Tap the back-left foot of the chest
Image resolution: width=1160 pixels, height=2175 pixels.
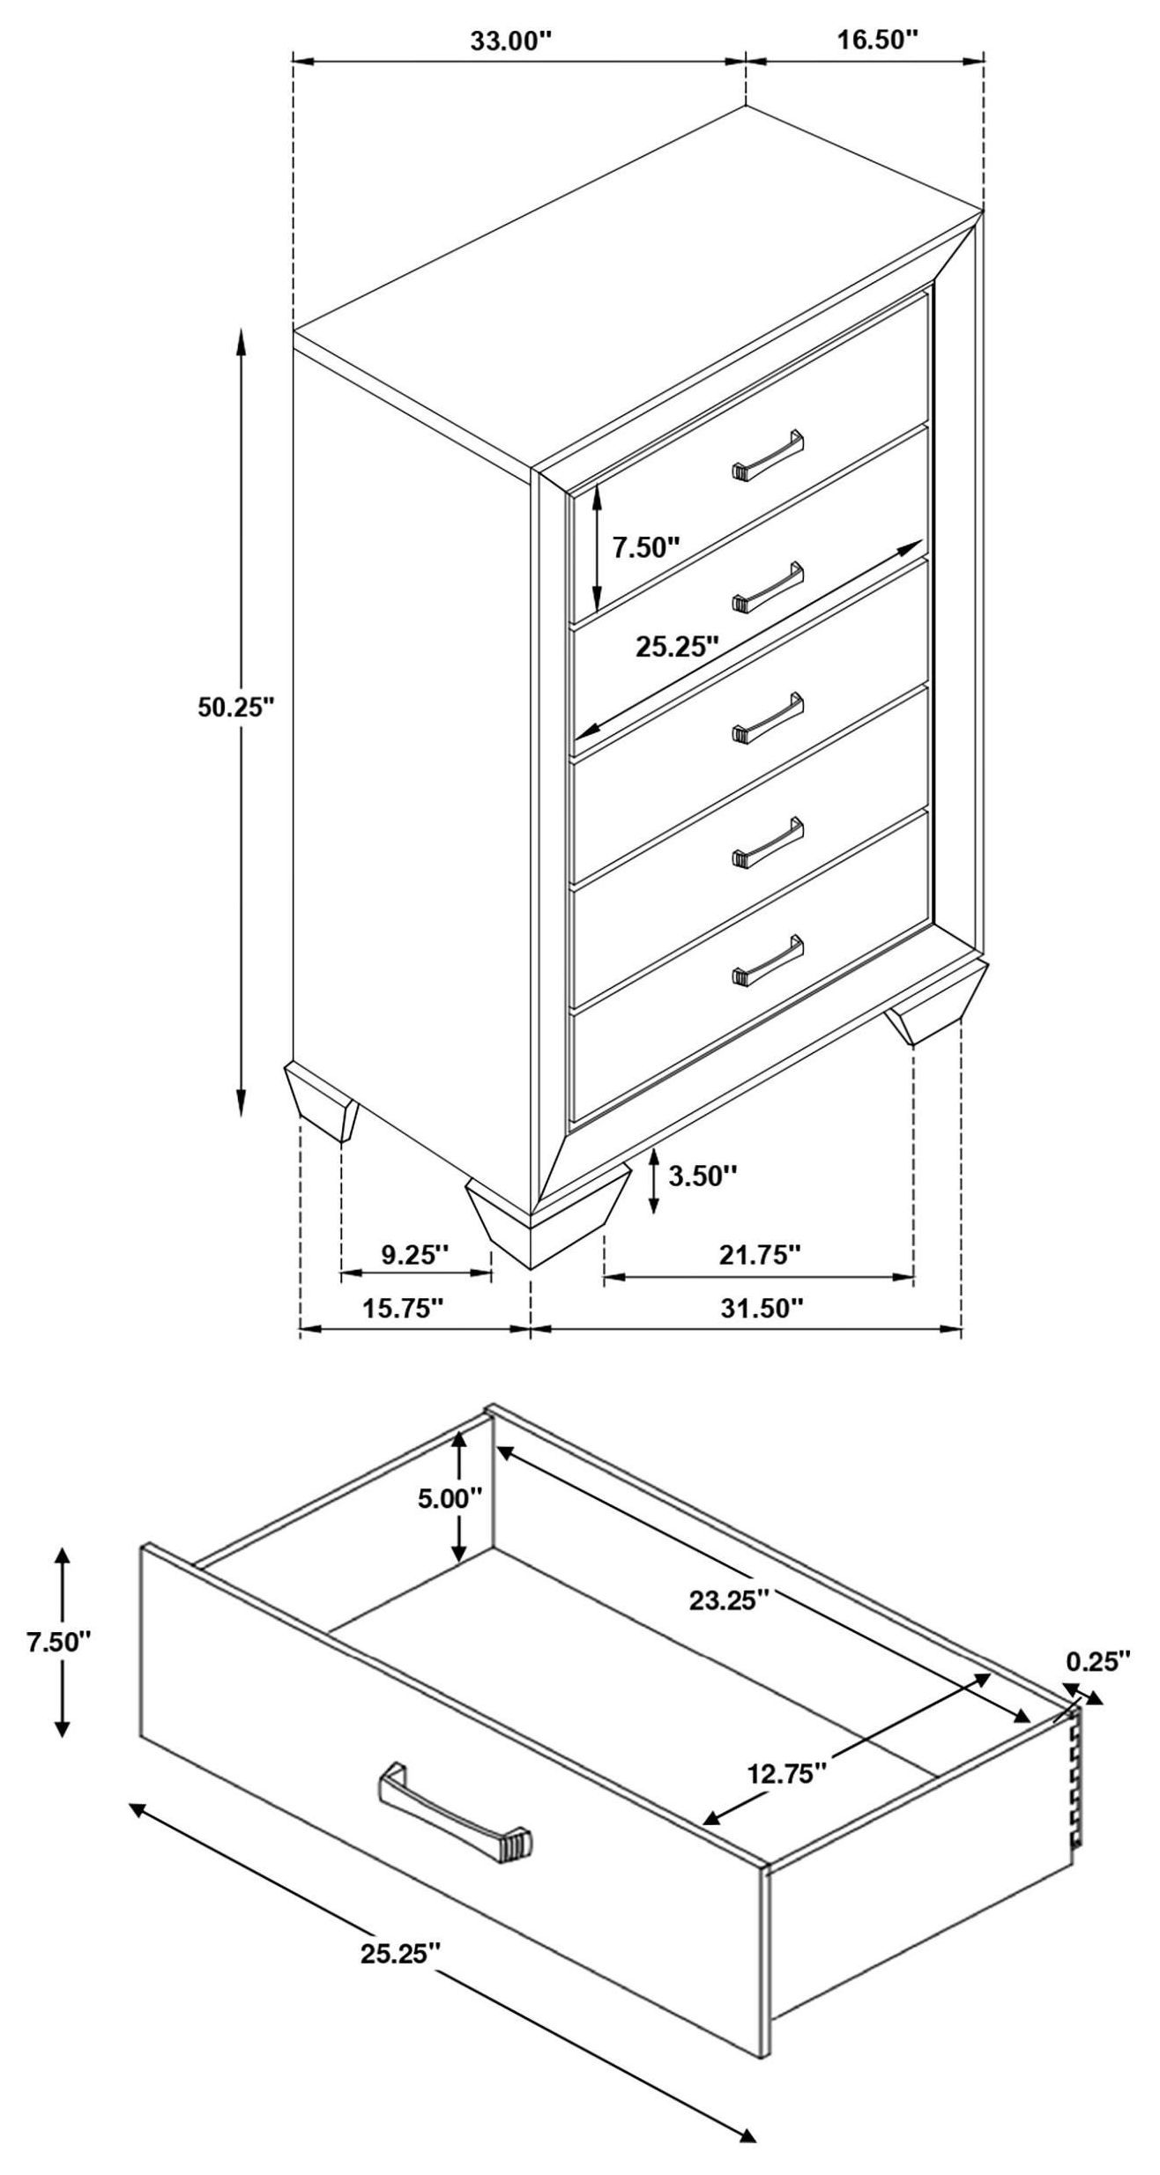[322, 1102]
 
